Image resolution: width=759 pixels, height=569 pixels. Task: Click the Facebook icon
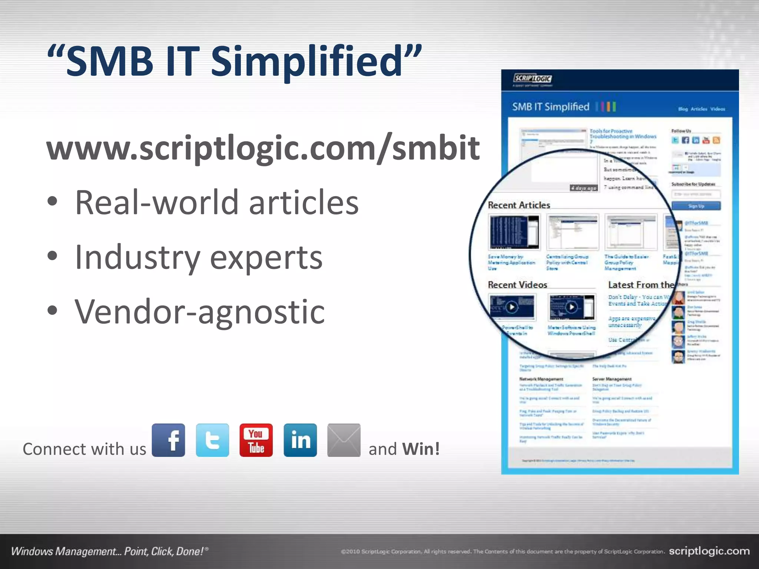click(x=168, y=440)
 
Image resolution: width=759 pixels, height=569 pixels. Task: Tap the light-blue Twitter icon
click(x=212, y=440)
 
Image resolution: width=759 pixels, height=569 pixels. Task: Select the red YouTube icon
click(x=256, y=440)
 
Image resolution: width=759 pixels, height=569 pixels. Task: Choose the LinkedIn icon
click(x=300, y=440)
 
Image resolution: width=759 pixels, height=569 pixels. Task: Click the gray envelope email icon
click(x=344, y=440)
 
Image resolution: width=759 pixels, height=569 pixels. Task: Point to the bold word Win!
click(x=421, y=449)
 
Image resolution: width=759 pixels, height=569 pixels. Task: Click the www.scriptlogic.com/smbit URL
click(x=263, y=148)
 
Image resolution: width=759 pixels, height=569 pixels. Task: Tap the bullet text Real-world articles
click(x=217, y=203)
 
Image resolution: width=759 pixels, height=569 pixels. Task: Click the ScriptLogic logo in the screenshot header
click(x=533, y=79)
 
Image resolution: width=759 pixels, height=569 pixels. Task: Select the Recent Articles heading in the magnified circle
click(x=519, y=205)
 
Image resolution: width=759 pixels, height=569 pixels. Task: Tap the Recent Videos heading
click(x=517, y=285)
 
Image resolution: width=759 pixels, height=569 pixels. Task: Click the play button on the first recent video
click(x=512, y=307)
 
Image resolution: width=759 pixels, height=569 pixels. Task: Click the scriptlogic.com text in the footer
click(x=709, y=551)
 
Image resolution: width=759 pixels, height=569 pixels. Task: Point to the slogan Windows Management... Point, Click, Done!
click(x=110, y=551)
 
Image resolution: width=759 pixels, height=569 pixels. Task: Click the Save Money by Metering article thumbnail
click(x=514, y=233)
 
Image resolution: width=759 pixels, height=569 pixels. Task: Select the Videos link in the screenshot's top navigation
click(x=717, y=109)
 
